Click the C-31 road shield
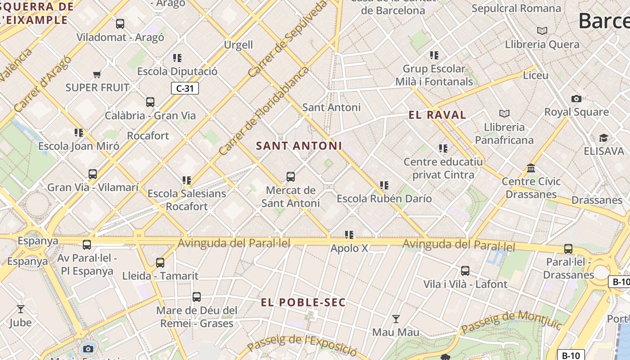click(185, 88)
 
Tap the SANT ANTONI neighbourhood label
click(299, 146)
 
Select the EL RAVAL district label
click(437, 115)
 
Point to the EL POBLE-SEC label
click(303, 302)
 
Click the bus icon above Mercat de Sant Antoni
click(291, 177)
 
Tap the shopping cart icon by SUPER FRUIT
click(97, 74)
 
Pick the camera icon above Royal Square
click(576, 99)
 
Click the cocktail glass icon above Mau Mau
click(396, 319)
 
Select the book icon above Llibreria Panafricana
click(504, 114)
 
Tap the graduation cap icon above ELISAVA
click(603, 138)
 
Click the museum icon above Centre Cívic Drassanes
click(531, 168)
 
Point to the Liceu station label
click(535, 75)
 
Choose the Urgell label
click(238, 45)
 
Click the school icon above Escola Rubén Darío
click(384, 185)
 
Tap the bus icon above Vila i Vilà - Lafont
click(465, 271)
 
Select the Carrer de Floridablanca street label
click(265, 111)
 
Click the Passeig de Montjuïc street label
click(512, 323)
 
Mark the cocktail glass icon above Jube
click(21, 309)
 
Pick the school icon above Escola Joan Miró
click(79, 133)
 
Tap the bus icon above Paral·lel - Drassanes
click(568, 249)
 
